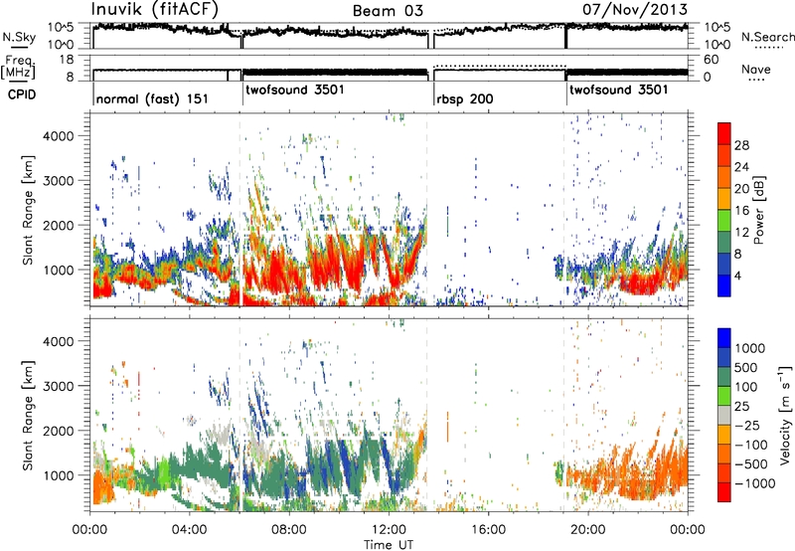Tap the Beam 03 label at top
pyautogui.click(x=388, y=11)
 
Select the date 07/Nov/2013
pyautogui.click(x=635, y=9)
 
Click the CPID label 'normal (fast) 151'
pyautogui.click(x=152, y=98)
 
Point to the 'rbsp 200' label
pyautogui.click(x=465, y=98)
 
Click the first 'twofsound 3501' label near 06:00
pyautogui.click(x=295, y=90)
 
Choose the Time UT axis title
pyautogui.click(x=389, y=544)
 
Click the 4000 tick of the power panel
pyautogui.click(x=59, y=136)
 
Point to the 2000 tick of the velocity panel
pyautogui.click(x=59, y=431)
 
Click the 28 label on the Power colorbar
pyautogui.click(x=741, y=145)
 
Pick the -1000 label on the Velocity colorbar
pyautogui.click(x=755, y=483)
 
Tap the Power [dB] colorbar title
pyautogui.click(x=759, y=210)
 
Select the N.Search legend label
pyautogui.click(x=768, y=37)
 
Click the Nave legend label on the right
pyautogui.click(x=756, y=69)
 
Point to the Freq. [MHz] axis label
pyautogui.click(x=18, y=67)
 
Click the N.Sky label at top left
pyautogui.click(x=19, y=38)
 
